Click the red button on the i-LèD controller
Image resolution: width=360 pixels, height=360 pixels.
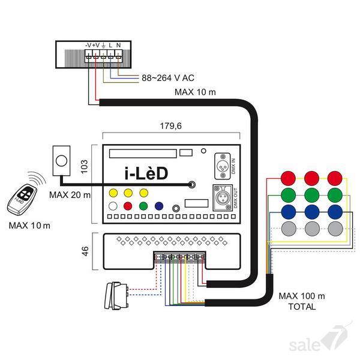pyautogui.click(x=127, y=205)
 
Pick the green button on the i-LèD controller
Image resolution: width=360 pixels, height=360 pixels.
pyautogui.click(x=143, y=205)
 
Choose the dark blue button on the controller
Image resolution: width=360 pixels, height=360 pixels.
pyautogui.click(x=159, y=205)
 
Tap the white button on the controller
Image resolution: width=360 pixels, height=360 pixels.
pyautogui.click(x=112, y=205)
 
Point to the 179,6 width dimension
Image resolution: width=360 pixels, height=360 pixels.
pyautogui.click(x=171, y=127)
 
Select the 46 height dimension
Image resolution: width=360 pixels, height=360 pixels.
pyautogui.click(x=86, y=249)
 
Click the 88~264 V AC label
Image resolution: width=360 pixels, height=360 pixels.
pyautogui.click(x=168, y=78)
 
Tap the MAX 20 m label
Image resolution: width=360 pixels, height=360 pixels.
pyautogui.click(x=70, y=195)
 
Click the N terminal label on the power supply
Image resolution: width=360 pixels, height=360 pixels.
pyautogui.click(x=119, y=45)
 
